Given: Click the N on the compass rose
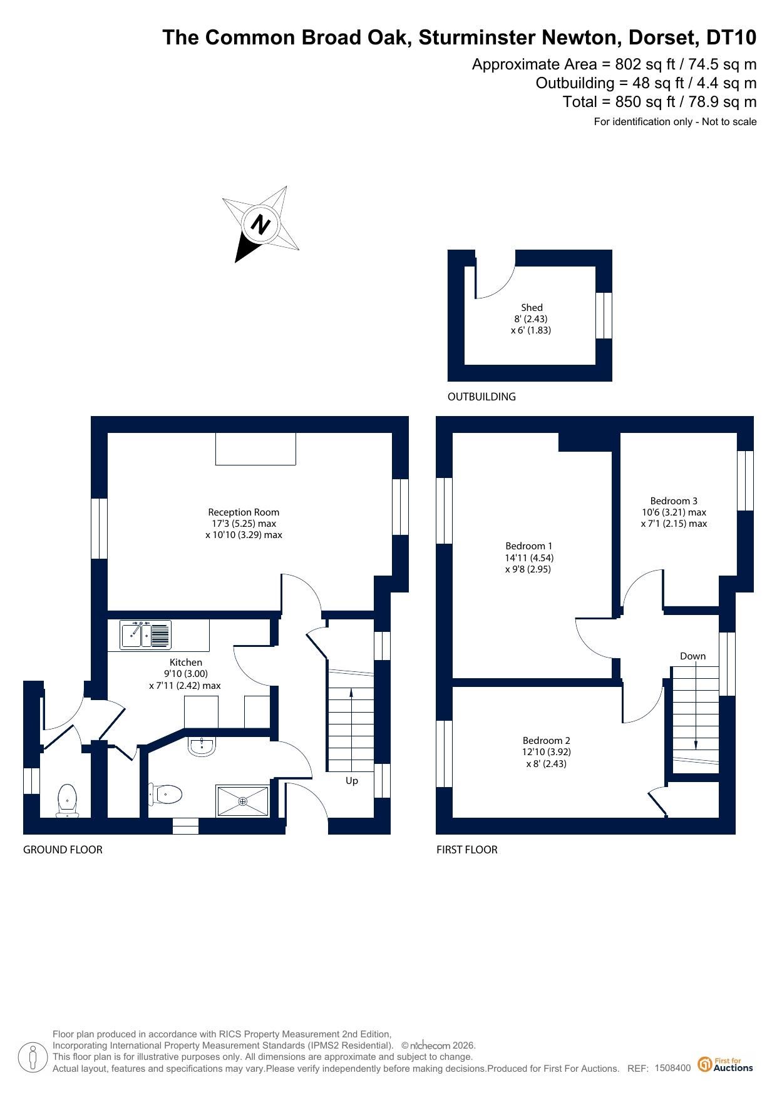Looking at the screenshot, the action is (x=261, y=224).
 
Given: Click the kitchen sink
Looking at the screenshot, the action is (x=145, y=635).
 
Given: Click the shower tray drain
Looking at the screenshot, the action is (x=243, y=801).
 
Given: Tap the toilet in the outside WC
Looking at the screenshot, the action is (x=67, y=801).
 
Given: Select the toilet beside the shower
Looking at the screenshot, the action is (x=165, y=795).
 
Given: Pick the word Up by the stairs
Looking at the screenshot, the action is (x=352, y=781).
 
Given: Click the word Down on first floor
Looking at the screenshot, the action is (x=692, y=656).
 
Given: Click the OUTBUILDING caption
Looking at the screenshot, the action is (x=481, y=397).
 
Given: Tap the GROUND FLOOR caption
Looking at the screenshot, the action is (x=63, y=850).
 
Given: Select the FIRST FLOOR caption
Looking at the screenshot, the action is (x=467, y=850).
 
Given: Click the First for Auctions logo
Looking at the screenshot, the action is (x=726, y=1064).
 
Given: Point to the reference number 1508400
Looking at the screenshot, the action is (x=672, y=1068).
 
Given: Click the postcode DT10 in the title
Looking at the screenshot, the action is (x=731, y=38).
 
